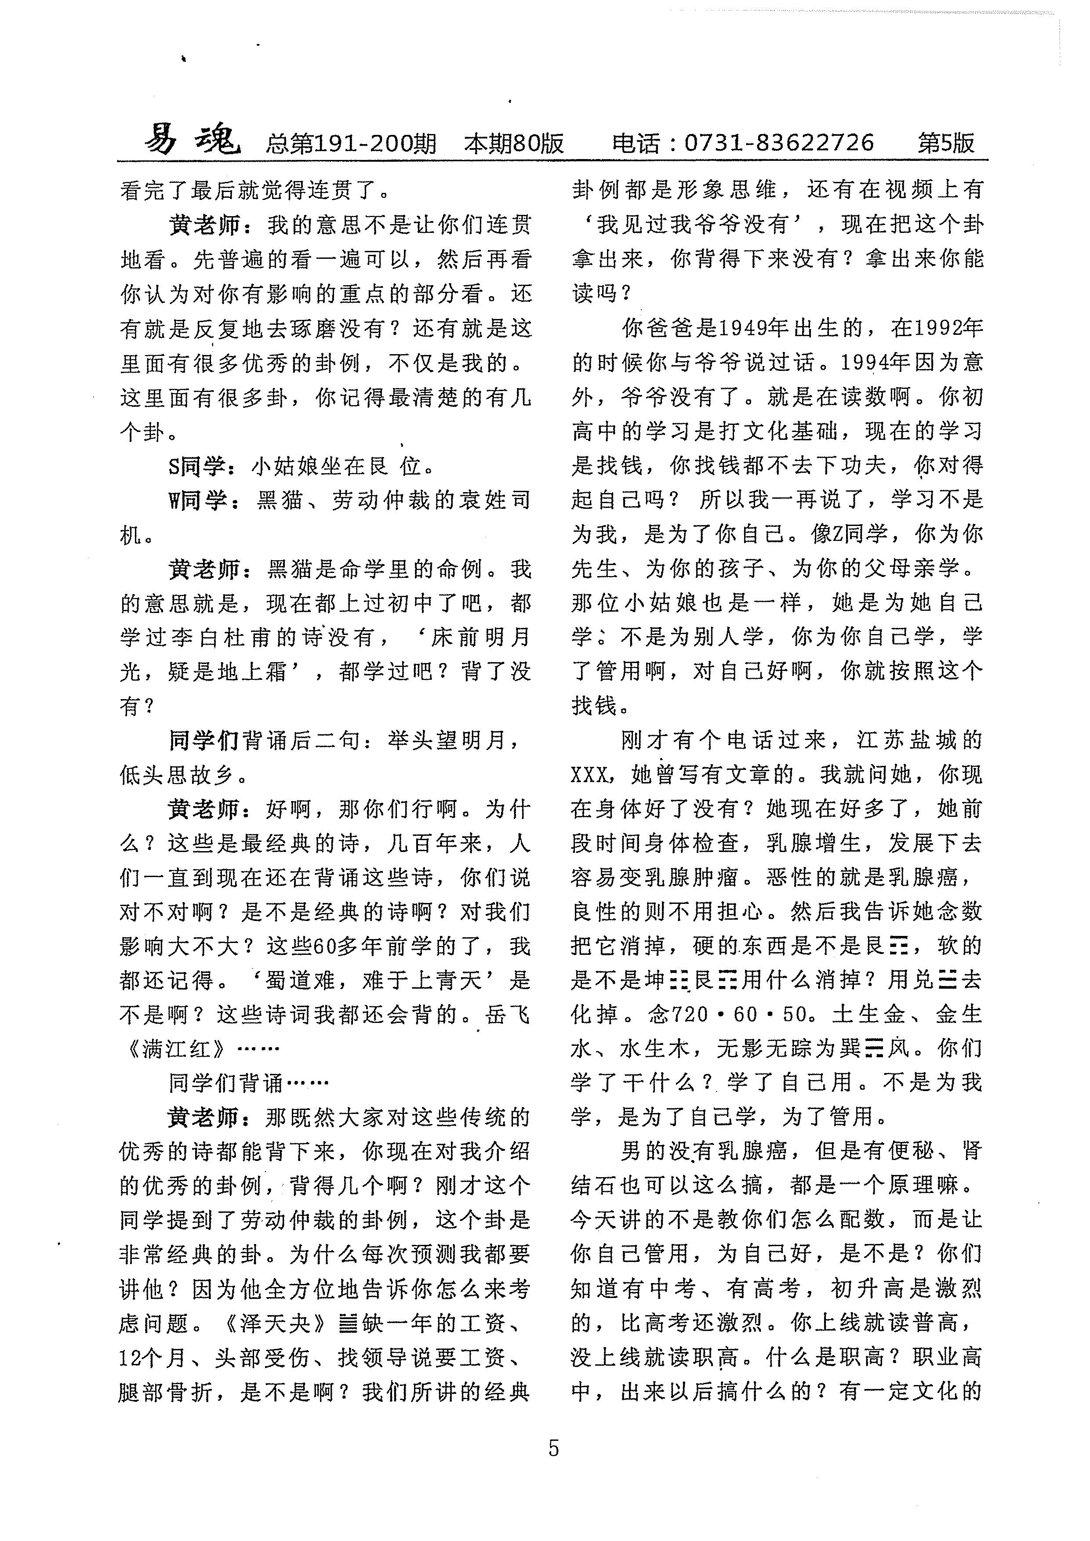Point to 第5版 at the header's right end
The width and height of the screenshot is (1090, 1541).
946,143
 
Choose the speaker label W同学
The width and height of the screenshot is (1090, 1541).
200,500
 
